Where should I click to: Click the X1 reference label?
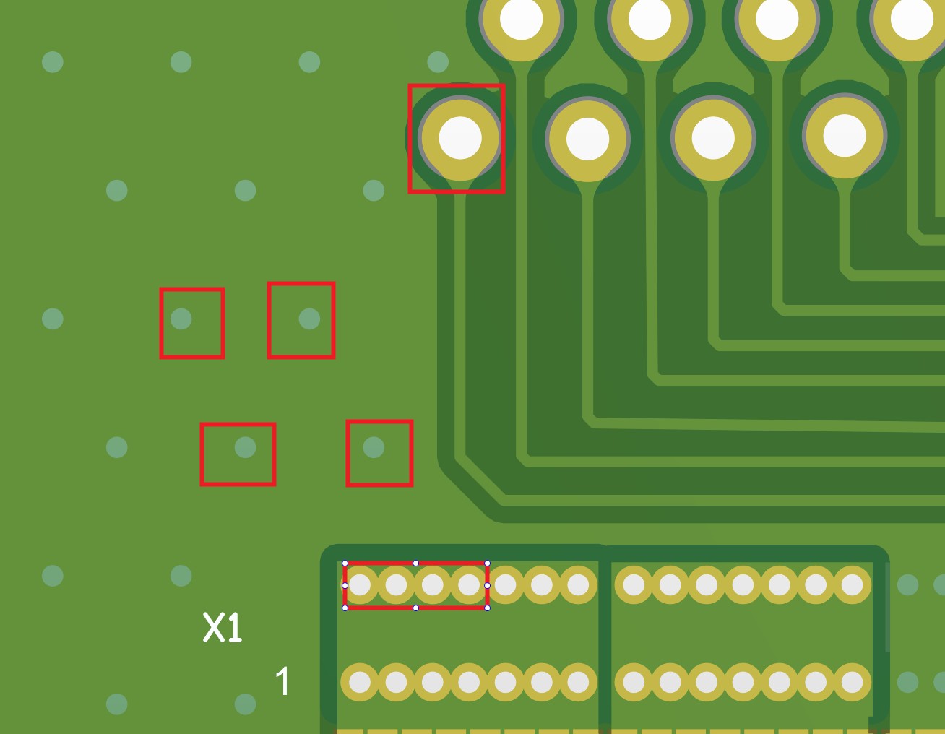tap(223, 628)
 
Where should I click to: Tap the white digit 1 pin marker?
tap(282, 681)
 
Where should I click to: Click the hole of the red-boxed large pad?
tap(460, 138)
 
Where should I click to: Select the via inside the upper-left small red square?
tap(181, 319)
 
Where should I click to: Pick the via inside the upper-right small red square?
tap(310, 319)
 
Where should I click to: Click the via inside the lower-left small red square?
tap(245, 447)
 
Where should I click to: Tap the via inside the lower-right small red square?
tap(374, 447)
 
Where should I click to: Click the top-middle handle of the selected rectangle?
tap(415, 563)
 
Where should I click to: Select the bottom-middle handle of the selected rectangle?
tap(415, 608)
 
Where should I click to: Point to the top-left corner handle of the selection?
tap(345, 563)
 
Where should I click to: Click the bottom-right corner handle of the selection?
tap(487, 608)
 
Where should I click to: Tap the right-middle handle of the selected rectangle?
tap(487, 586)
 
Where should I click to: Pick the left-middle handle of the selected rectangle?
tap(345, 586)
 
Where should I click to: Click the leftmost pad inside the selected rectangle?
tap(360, 585)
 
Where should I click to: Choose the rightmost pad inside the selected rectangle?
tap(469, 585)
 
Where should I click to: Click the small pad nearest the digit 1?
tap(360, 682)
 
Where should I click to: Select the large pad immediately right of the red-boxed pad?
tap(587, 139)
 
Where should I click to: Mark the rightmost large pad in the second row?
tap(845, 136)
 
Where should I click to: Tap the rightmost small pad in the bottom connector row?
tap(852, 682)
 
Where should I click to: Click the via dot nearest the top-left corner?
tap(53, 61)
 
